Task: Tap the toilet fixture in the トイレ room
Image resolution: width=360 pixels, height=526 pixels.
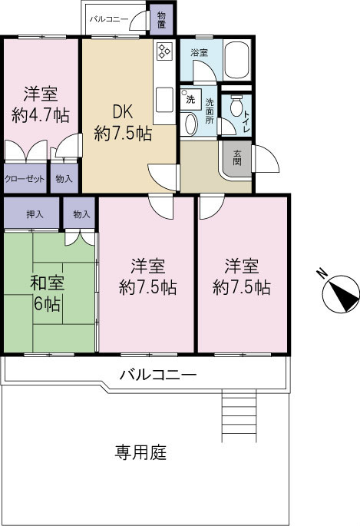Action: [236, 105]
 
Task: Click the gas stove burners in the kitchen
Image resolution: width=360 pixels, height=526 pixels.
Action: [164, 52]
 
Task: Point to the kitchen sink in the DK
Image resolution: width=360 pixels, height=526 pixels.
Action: [163, 101]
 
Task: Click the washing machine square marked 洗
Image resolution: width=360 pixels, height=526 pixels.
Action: [189, 99]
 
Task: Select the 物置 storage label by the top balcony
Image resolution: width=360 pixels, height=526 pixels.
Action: [161, 20]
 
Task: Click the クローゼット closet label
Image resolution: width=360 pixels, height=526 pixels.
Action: [24, 178]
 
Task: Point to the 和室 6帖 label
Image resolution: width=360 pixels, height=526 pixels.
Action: [47, 292]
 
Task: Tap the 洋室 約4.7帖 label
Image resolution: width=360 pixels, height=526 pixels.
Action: [41, 105]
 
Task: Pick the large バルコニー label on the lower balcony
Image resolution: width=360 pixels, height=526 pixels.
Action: [158, 375]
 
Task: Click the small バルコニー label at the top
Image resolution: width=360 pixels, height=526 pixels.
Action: [108, 17]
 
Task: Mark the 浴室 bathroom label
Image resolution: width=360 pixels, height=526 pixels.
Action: [199, 51]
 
